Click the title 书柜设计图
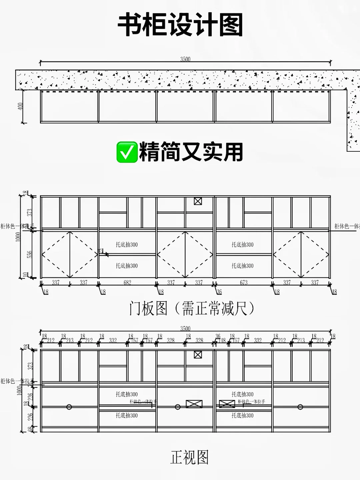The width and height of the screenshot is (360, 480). [x=180, y=25]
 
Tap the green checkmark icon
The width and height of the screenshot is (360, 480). [x=127, y=152]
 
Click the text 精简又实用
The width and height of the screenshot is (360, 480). [x=191, y=152]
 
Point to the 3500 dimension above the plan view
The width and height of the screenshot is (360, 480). [x=185, y=59]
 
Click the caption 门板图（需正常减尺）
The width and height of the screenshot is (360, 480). [x=192, y=308]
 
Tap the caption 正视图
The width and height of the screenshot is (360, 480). [x=189, y=457]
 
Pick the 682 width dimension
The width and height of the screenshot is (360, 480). [x=127, y=283]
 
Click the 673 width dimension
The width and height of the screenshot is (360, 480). [x=244, y=283]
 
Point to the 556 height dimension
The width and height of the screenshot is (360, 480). [x=29, y=254]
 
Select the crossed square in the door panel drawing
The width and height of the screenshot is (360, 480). [x=198, y=201]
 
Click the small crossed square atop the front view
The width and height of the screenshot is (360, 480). [x=198, y=354]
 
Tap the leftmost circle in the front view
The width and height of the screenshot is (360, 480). [x=69, y=407]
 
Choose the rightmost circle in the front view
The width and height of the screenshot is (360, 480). [x=300, y=407]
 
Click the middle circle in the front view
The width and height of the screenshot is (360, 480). [x=178, y=407]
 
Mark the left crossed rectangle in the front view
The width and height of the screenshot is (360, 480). [x=194, y=404]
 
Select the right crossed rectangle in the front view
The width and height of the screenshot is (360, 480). [x=227, y=404]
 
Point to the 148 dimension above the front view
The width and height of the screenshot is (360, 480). [x=222, y=341]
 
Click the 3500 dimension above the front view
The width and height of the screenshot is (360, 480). [x=185, y=328]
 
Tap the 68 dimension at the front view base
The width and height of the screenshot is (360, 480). [x=31, y=430]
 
